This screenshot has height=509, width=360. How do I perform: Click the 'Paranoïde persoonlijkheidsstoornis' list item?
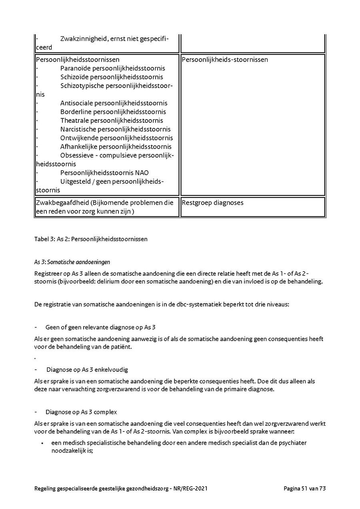click(112, 68)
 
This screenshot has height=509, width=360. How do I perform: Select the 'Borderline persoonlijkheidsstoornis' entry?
click(113, 112)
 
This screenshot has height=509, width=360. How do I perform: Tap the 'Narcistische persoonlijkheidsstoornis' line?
click(115, 129)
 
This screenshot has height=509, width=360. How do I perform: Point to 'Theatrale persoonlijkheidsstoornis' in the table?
click(112, 120)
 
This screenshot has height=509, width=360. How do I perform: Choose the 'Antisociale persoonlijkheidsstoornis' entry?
click(114, 103)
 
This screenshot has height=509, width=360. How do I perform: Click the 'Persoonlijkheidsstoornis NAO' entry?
click(104, 173)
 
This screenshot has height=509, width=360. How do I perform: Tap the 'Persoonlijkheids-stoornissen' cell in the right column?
click(224, 60)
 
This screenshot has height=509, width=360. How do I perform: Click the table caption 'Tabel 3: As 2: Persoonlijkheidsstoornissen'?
click(91, 239)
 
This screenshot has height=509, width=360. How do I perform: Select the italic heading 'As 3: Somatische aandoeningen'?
click(72, 262)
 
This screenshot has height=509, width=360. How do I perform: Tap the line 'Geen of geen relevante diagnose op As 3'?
click(98, 327)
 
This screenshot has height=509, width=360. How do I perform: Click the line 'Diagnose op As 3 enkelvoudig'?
click(87, 369)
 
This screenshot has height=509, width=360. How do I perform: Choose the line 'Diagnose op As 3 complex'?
click(81, 412)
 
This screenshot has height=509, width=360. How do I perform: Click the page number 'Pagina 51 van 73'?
click(305, 488)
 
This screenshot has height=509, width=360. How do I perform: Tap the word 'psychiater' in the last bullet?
click(292, 443)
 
